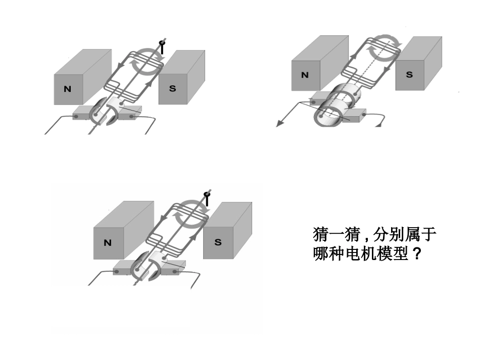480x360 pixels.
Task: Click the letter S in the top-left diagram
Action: [x=173, y=88]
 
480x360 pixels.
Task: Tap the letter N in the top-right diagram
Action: [x=305, y=75]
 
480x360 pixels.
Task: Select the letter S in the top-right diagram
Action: [x=409, y=75]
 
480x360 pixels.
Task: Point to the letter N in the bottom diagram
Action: [x=107, y=242]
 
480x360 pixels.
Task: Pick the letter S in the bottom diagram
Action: [x=218, y=242]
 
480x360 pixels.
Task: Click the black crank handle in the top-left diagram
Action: [x=162, y=47]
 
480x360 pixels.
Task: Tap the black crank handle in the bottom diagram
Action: [x=206, y=198]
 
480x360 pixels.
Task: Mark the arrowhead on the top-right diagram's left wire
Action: [x=279, y=123]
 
